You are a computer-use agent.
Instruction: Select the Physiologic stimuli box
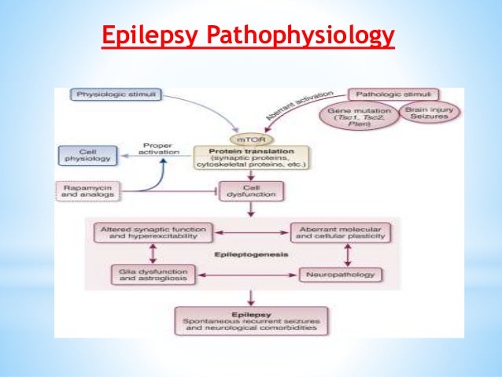pos(117,95)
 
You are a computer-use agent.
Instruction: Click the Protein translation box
pos(250,157)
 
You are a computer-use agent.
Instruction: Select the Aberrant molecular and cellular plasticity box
pos(342,232)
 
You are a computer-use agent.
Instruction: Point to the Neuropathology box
pos(341,275)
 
